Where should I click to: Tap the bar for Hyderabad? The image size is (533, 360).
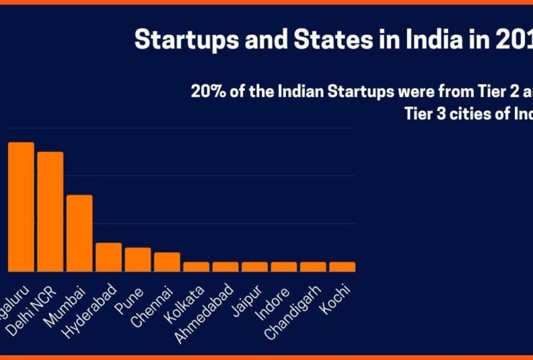[109, 256]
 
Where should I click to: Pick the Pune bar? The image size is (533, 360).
[138, 259]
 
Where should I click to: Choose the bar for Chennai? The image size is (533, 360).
[166, 261]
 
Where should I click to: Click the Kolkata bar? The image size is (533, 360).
[196, 266]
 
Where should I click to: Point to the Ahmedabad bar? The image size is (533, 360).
[225, 266]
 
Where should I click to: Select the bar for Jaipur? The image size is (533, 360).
[254, 266]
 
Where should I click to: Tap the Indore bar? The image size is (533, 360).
[284, 266]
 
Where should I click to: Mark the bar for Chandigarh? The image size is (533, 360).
[313, 266]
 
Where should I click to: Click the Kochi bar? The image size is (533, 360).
[342, 266]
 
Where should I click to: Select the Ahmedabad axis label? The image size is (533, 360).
[209, 307]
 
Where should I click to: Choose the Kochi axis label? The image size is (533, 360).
[336, 296]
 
